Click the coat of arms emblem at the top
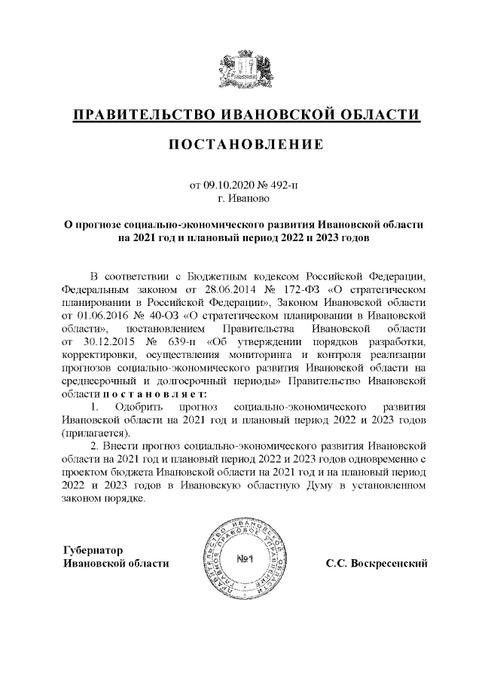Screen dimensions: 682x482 [241, 67]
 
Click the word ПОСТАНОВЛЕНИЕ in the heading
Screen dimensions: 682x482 [241, 143]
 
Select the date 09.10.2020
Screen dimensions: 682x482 [228, 185]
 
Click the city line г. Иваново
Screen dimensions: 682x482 [241, 200]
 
